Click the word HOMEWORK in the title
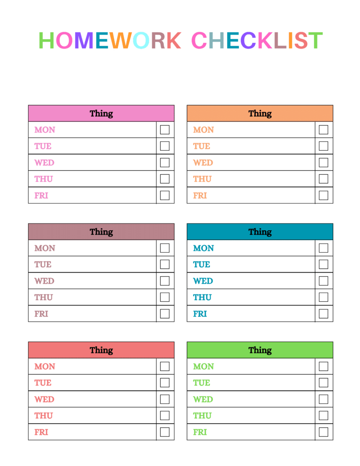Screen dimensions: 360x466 (110, 41)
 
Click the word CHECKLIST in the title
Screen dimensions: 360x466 (257, 41)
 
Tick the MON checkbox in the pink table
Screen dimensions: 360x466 (165, 130)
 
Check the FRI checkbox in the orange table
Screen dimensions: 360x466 (324, 195)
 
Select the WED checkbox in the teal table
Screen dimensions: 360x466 (324, 281)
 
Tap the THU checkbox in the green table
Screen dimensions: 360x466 (324, 415)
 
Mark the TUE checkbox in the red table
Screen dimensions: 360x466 (165, 382)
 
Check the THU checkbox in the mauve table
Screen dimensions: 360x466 (165, 297)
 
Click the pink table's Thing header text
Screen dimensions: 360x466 (101, 113)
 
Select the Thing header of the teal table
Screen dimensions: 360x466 (260, 232)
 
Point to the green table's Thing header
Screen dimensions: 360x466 (260, 350)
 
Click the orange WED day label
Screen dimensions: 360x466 (203, 162)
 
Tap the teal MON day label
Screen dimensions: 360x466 (203, 248)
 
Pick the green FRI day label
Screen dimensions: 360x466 (200, 432)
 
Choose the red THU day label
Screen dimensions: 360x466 (43, 415)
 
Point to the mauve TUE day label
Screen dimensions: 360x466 (43, 264)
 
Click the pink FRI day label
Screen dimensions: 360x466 (41, 196)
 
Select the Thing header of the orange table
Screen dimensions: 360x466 (260, 113)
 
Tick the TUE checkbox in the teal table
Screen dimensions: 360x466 (324, 264)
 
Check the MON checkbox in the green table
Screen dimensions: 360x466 (324, 366)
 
